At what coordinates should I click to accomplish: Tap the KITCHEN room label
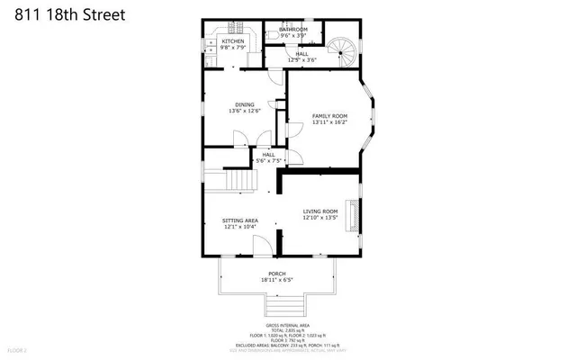click(x=233, y=41)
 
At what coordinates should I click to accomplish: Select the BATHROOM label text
click(x=293, y=30)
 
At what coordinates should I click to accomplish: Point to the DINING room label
click(x=246, y=104)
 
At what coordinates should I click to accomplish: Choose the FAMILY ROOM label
click(x=329, y=116)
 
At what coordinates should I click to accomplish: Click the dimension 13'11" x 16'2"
click(x=329, y=123)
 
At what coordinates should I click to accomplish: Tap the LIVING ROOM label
click(x=319, y=211)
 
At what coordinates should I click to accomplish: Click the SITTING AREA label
click(x=241, y=220)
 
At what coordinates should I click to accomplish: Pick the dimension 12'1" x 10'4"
click(x=241, y=227)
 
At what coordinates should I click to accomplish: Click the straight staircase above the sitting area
click(x=240, y=182)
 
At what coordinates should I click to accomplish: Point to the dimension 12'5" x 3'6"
click(x=301, y=61)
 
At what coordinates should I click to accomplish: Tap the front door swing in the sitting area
click(x=260, y=247)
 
